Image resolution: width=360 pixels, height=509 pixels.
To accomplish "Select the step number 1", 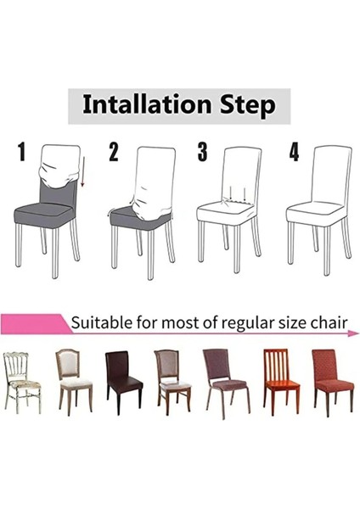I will tap(22, 154).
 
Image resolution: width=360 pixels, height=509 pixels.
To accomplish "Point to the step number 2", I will tap(113, 154).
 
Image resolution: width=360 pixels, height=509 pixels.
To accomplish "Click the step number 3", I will tap(202, 153).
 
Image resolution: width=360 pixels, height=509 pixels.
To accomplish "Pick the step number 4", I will tap(294, 153).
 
